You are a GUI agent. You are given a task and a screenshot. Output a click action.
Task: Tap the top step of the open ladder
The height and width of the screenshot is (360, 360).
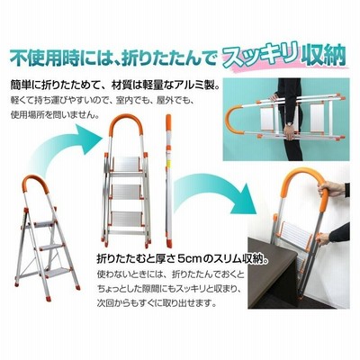(x=45, y=223)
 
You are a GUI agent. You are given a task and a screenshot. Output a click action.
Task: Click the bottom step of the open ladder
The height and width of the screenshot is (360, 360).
(x=56, y=272)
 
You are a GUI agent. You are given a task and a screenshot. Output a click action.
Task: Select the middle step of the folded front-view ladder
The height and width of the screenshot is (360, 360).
(x=126, y=192)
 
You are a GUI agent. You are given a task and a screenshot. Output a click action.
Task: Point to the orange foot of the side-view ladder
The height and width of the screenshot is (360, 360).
(x=169, y=243)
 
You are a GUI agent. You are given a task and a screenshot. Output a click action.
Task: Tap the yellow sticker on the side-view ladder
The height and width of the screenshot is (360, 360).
(x=168, y=163)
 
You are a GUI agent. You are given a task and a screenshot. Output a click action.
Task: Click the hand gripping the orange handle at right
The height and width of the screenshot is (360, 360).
(x=331, y=189)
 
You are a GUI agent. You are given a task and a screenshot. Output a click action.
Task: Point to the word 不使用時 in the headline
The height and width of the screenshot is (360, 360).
(x=42, y=57)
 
